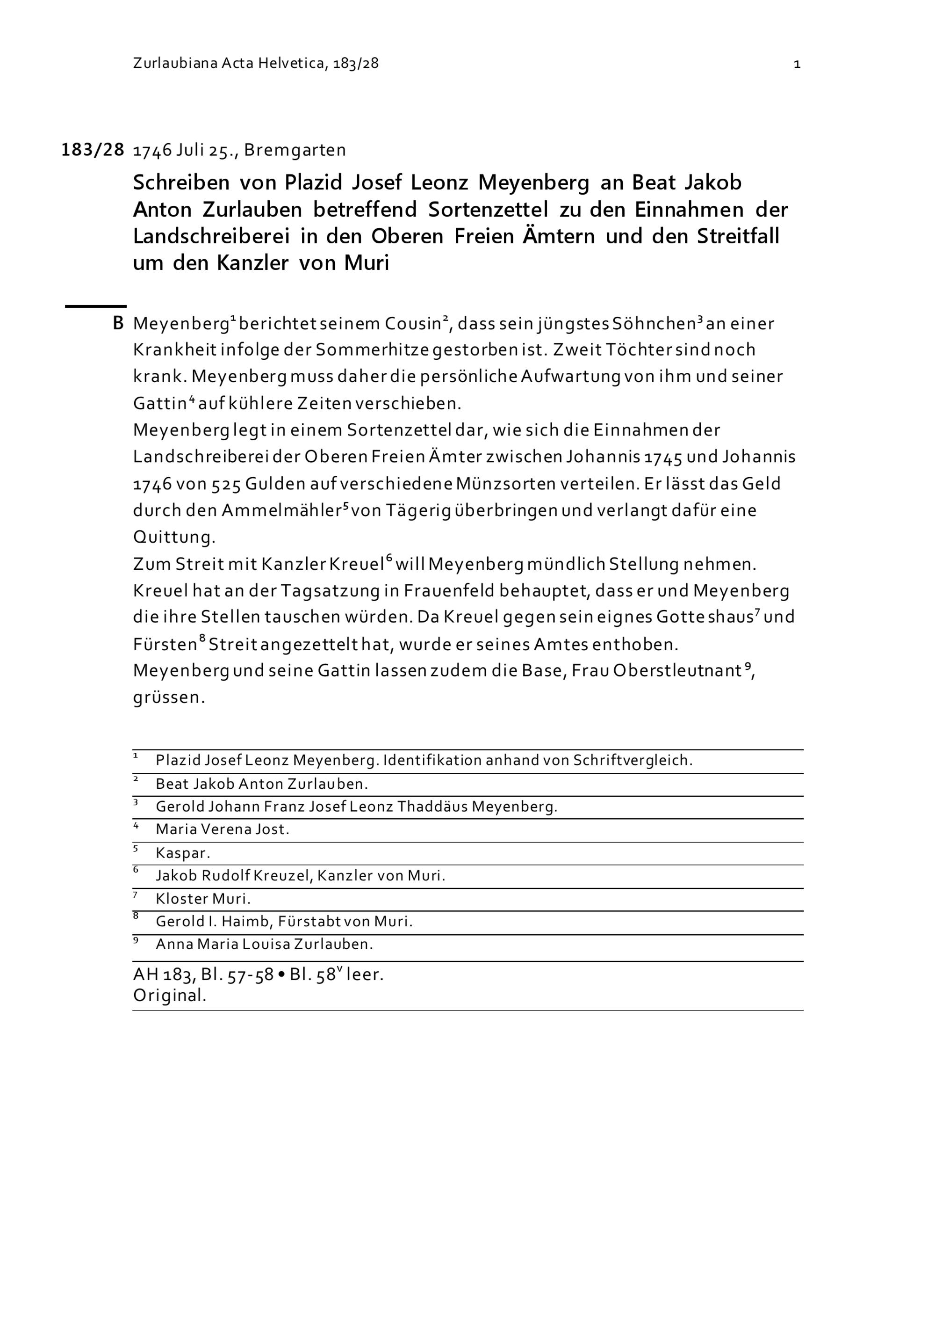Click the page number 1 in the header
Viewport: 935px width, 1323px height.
[797, 64]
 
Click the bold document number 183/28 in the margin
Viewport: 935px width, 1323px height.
[93, 150]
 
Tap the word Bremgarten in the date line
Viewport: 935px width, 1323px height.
[295, 150]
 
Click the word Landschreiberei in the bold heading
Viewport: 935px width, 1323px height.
[211, 236]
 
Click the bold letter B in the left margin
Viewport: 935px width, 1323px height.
[118, 323]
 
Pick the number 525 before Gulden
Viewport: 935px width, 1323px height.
[226, 484]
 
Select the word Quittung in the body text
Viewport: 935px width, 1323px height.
[174, 537]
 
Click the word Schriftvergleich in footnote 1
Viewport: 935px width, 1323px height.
[632, 761]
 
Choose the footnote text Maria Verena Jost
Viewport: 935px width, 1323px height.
[222, 830]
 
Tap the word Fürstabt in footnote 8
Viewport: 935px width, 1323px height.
[310, 922]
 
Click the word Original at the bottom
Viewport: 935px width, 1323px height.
[169, 995]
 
